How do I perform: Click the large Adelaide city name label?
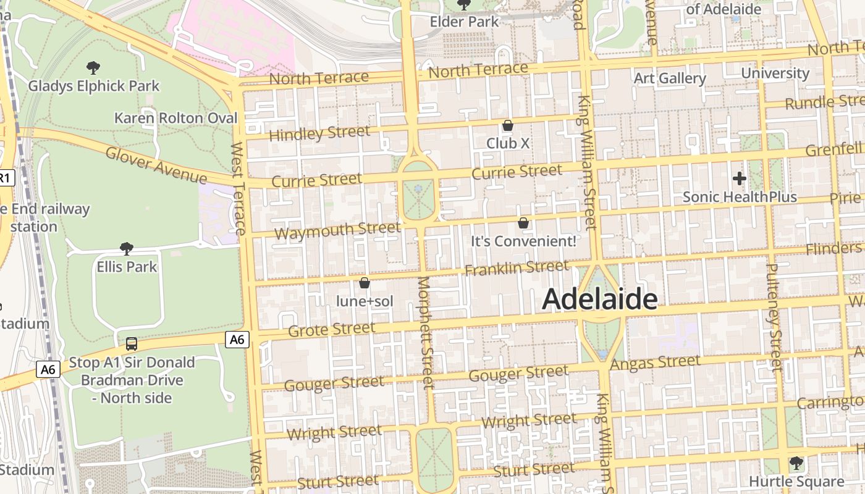point(599,299)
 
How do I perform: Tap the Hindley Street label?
point(319,133)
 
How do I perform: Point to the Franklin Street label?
point(516,268)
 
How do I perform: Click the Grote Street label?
point(332,329)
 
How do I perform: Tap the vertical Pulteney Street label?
point(774,317)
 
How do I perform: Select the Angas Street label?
point(655,362)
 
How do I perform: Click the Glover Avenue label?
point(156,165)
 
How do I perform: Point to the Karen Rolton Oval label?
point(176,118)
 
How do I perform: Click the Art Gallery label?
point(670,78)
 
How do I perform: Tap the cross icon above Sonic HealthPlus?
point(739,179)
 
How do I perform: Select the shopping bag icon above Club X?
point(508,125)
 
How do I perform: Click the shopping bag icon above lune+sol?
point(365,283)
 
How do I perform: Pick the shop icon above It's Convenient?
point(523,223)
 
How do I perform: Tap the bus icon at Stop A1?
point(132,343)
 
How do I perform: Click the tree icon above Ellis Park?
point(127,249)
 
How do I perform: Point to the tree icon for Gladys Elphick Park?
point(93,68)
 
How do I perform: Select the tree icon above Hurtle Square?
point(796,463)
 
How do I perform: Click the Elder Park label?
point(464,22)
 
